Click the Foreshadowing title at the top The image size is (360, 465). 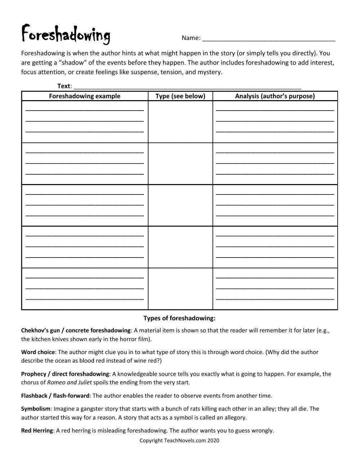click(x=66, y=35)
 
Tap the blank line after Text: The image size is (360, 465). click(x=187, y=86)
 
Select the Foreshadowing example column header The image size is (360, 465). click(x=85, y=96)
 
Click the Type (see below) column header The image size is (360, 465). click(x=180, y=96)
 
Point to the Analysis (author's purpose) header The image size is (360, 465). click(x=275, y=96)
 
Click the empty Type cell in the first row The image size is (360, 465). click(x=180, y=122)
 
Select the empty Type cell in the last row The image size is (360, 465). click(x=180, y=289)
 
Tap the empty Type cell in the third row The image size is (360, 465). click(x=180, y=205)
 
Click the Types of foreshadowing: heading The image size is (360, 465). click(x=179, y=318)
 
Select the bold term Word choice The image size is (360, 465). click(x=38, y=352)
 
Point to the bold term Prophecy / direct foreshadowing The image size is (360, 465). click(x=65, y=374)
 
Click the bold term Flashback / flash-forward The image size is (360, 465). click(x=55, y=395)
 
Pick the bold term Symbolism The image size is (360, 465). click(x=36, y=409)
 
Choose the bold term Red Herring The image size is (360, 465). click(x=37, y=430)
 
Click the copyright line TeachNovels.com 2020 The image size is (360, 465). click(x=179, y=440)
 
